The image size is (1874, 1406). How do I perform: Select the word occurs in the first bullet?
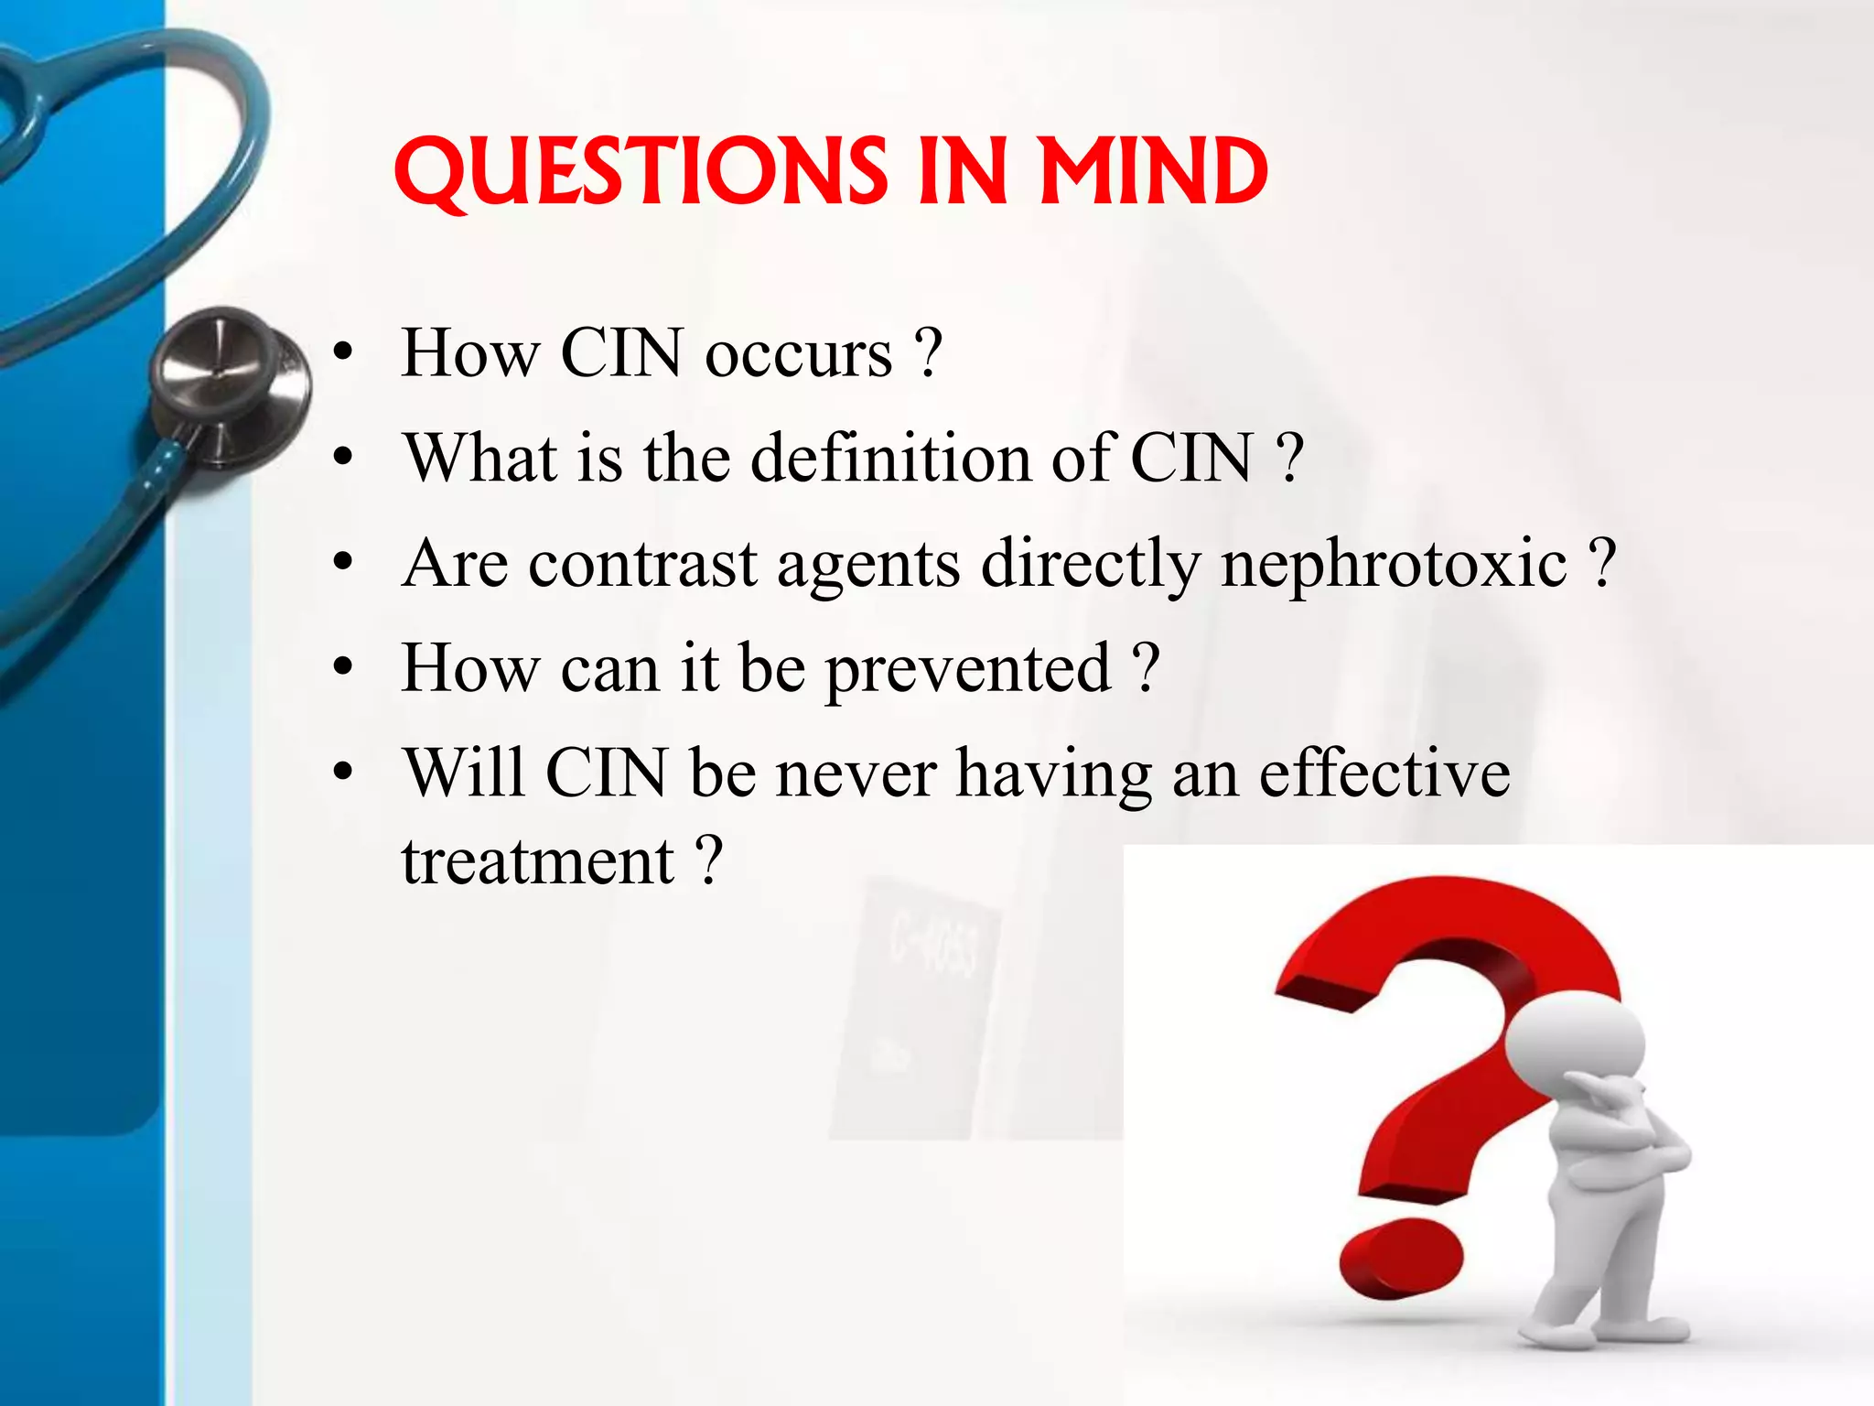(x=798, y=354)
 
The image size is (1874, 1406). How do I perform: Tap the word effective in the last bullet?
(x=1384, y=773)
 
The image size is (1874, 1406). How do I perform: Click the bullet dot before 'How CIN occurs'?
(x=342, y=354)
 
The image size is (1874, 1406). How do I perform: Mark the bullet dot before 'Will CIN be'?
(x=342, y=773)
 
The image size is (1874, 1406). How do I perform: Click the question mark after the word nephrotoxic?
(x=1602, y=563)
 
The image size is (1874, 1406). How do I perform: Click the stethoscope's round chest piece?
(x=229, y=384)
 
